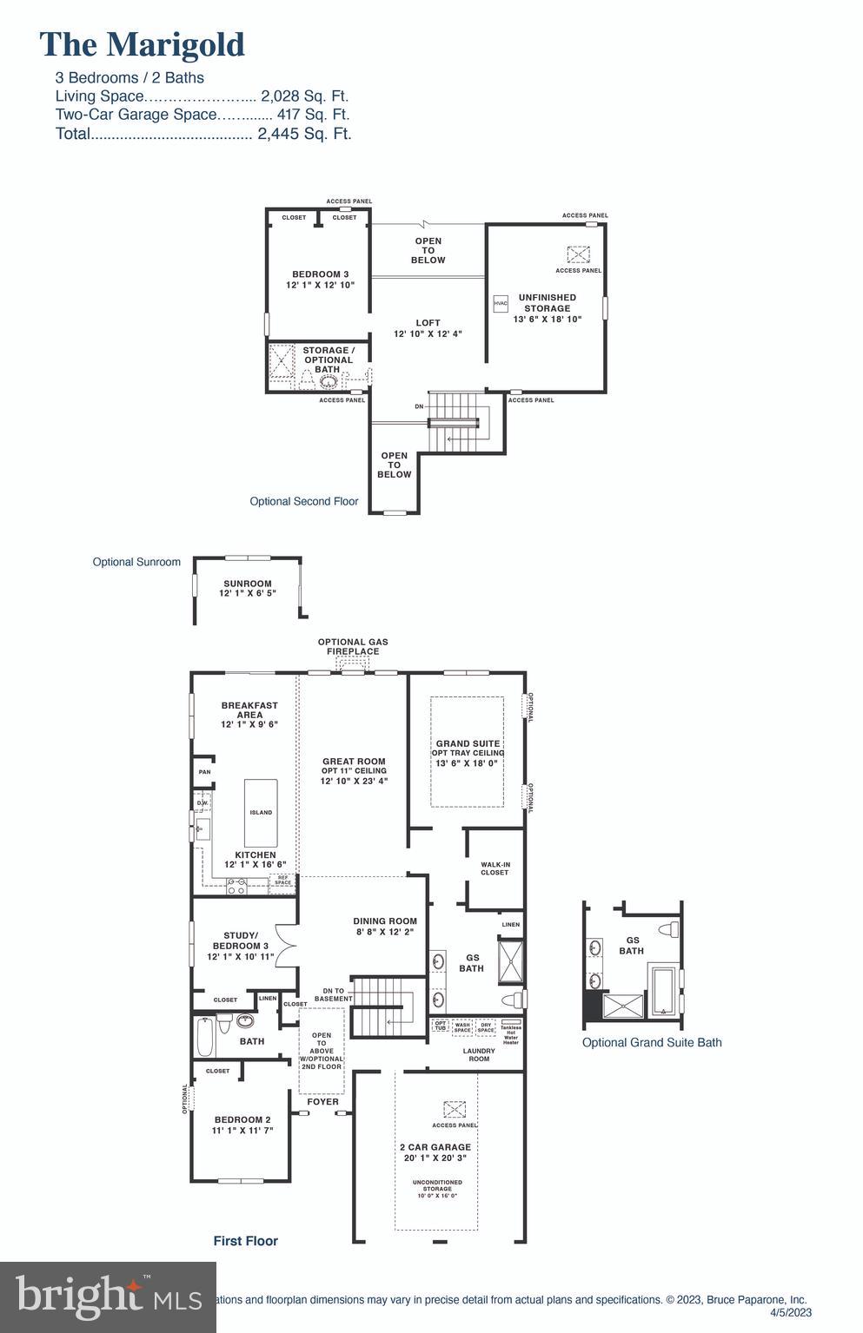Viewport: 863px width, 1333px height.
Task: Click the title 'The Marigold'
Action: [143, 44]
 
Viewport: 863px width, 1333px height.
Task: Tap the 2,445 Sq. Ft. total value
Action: [304, 134]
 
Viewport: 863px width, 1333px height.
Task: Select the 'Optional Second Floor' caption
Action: [303, 501]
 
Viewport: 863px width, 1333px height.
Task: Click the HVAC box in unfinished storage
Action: [501, 304]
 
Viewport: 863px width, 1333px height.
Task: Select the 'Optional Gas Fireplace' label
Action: [353, 647]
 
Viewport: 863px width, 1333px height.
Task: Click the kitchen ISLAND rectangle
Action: [261, 813]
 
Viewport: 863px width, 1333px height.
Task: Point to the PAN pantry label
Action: [204, 772]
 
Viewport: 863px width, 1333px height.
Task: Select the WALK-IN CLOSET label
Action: [495, 868]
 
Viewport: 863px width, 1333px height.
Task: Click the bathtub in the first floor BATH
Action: [205, 1035]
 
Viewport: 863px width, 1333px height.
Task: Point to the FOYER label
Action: [322, 1102]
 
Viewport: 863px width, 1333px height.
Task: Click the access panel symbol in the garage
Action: [455, 1109]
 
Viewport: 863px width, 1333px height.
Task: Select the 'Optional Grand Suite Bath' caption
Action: [651, 1042]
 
